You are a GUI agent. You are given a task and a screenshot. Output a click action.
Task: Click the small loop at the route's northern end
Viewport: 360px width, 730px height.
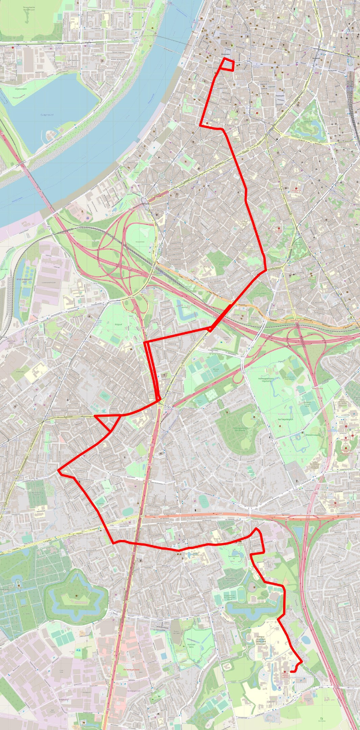[x=228, y=64]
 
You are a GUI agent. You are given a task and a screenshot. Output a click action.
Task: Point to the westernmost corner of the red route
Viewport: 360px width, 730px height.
[x=59, y=471]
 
